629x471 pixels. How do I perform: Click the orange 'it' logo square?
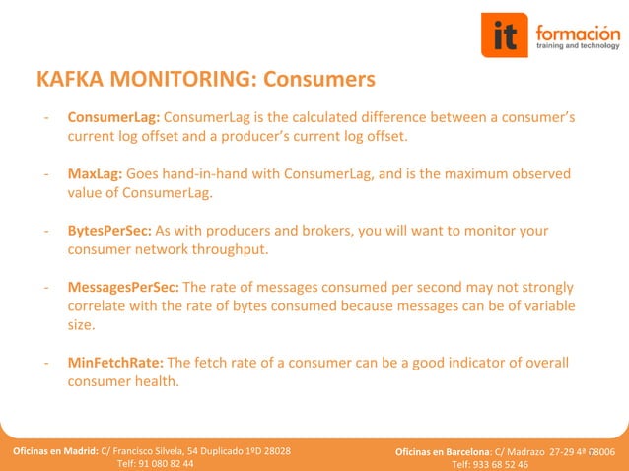point(505,36)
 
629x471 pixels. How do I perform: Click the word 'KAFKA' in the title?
point(72,78)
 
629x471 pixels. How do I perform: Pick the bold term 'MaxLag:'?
point(95,173)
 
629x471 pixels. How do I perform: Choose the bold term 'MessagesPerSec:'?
point(123,287)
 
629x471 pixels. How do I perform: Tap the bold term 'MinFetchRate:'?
point(116,363)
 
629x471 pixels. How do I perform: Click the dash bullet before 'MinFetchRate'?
point(46,363)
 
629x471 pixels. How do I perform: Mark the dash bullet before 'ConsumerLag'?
point(46,117)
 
